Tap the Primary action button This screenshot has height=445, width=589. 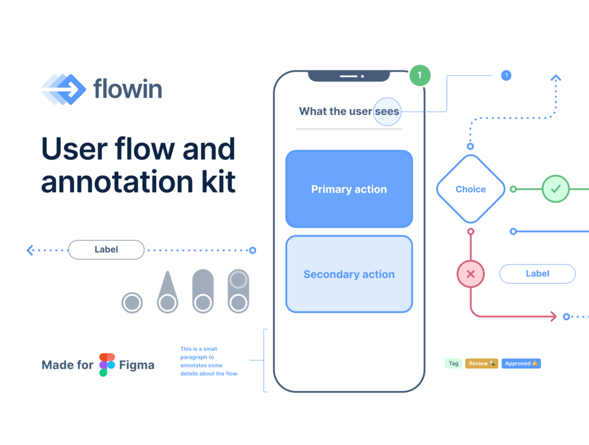[x=349, y=189]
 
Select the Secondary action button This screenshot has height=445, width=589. [x=349, y=274]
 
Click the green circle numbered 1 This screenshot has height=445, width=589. [x=420, y=75]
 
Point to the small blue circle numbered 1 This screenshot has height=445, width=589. [x=506, y=75]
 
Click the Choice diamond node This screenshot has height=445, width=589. [x=471, y=189]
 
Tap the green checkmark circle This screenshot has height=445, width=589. [x=556, y=189]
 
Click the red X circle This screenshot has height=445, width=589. [x=471, y=274]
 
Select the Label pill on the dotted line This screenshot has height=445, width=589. [x=106, y=250]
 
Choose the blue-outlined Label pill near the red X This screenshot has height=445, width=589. [x=537, y=274]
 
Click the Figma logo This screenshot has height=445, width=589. [x=107, y=365]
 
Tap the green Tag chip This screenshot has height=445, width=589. [x=454, y=364]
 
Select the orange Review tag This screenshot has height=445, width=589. [x=481, y=364]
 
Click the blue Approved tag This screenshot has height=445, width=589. [x=521, y=364]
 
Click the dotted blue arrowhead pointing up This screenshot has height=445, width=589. [x=556, y=78]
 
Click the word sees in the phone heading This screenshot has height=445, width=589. [x=387, y=111]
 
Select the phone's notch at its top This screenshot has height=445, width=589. [x=349, y=76]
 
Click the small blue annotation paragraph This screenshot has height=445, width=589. [x=209, y=361]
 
